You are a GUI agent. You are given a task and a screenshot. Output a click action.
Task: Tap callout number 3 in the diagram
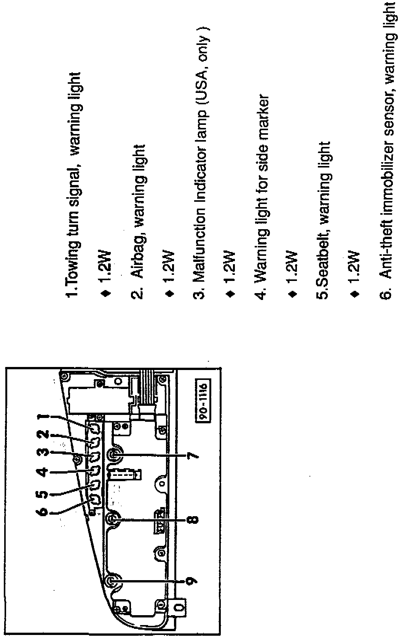click(x=44, y=453)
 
